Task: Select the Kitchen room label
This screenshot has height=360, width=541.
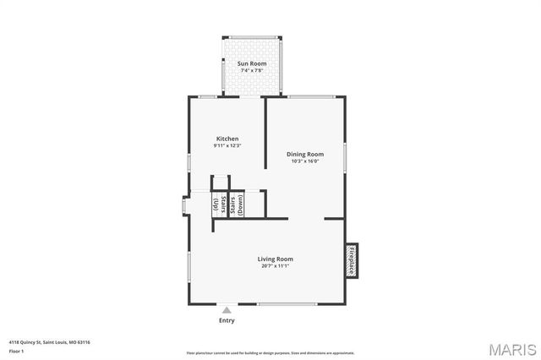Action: tap(227, 139)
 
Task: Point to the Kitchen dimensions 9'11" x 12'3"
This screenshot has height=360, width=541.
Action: tap(227, 146)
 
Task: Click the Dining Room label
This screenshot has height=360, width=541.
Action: tap(305, 154)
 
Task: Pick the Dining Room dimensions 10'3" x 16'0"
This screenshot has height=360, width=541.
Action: tap(305, 161)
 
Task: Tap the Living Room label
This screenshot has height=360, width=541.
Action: tap(276, 259)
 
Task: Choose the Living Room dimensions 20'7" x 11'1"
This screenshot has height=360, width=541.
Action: tap(276, 266)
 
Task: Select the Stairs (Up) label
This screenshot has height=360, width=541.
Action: tap(216, 205)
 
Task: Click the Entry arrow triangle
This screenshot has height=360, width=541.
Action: tap(227, 311)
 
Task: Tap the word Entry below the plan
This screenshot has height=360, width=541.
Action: tap(227, 320)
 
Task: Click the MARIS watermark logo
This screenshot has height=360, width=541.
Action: tap(511, 348)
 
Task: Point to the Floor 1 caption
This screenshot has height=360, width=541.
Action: tap(16, 351)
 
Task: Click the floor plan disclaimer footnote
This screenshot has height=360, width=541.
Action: tap(270, 353)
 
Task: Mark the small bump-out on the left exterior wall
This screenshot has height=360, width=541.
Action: tap(185, 206)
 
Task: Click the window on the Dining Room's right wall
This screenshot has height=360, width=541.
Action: tap(345, 158)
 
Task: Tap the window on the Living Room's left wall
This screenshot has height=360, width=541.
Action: tap(189, 266)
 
